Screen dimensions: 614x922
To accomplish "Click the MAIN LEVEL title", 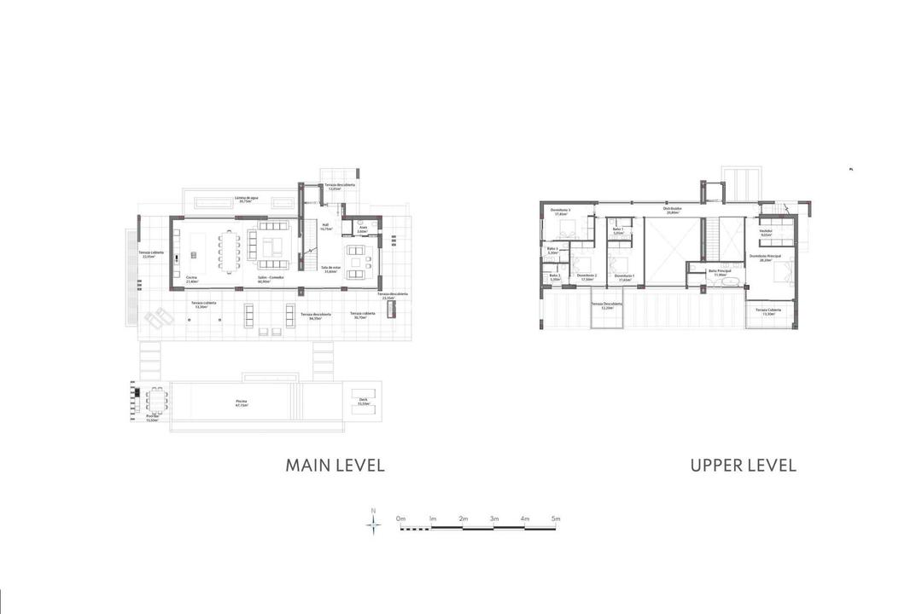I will click(335, 465).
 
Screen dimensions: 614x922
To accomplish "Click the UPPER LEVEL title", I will click(743, 465).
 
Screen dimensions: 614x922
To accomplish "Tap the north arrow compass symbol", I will click(373, 522).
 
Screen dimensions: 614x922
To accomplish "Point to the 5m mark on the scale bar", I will click(556, 518).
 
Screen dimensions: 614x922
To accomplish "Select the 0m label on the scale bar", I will click(400, 518).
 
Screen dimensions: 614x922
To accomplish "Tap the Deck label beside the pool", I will click(363, 401).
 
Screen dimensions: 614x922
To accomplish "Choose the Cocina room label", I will click(190, 279).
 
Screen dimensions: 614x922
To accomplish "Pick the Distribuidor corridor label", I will click(673, 210).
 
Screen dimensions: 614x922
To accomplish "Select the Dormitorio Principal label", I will click(765, 257).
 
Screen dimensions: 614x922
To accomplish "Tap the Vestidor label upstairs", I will click(765, 232).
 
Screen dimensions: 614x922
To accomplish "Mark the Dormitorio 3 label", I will click(560, 212).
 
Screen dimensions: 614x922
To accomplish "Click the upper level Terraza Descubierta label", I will click(607, 306).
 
